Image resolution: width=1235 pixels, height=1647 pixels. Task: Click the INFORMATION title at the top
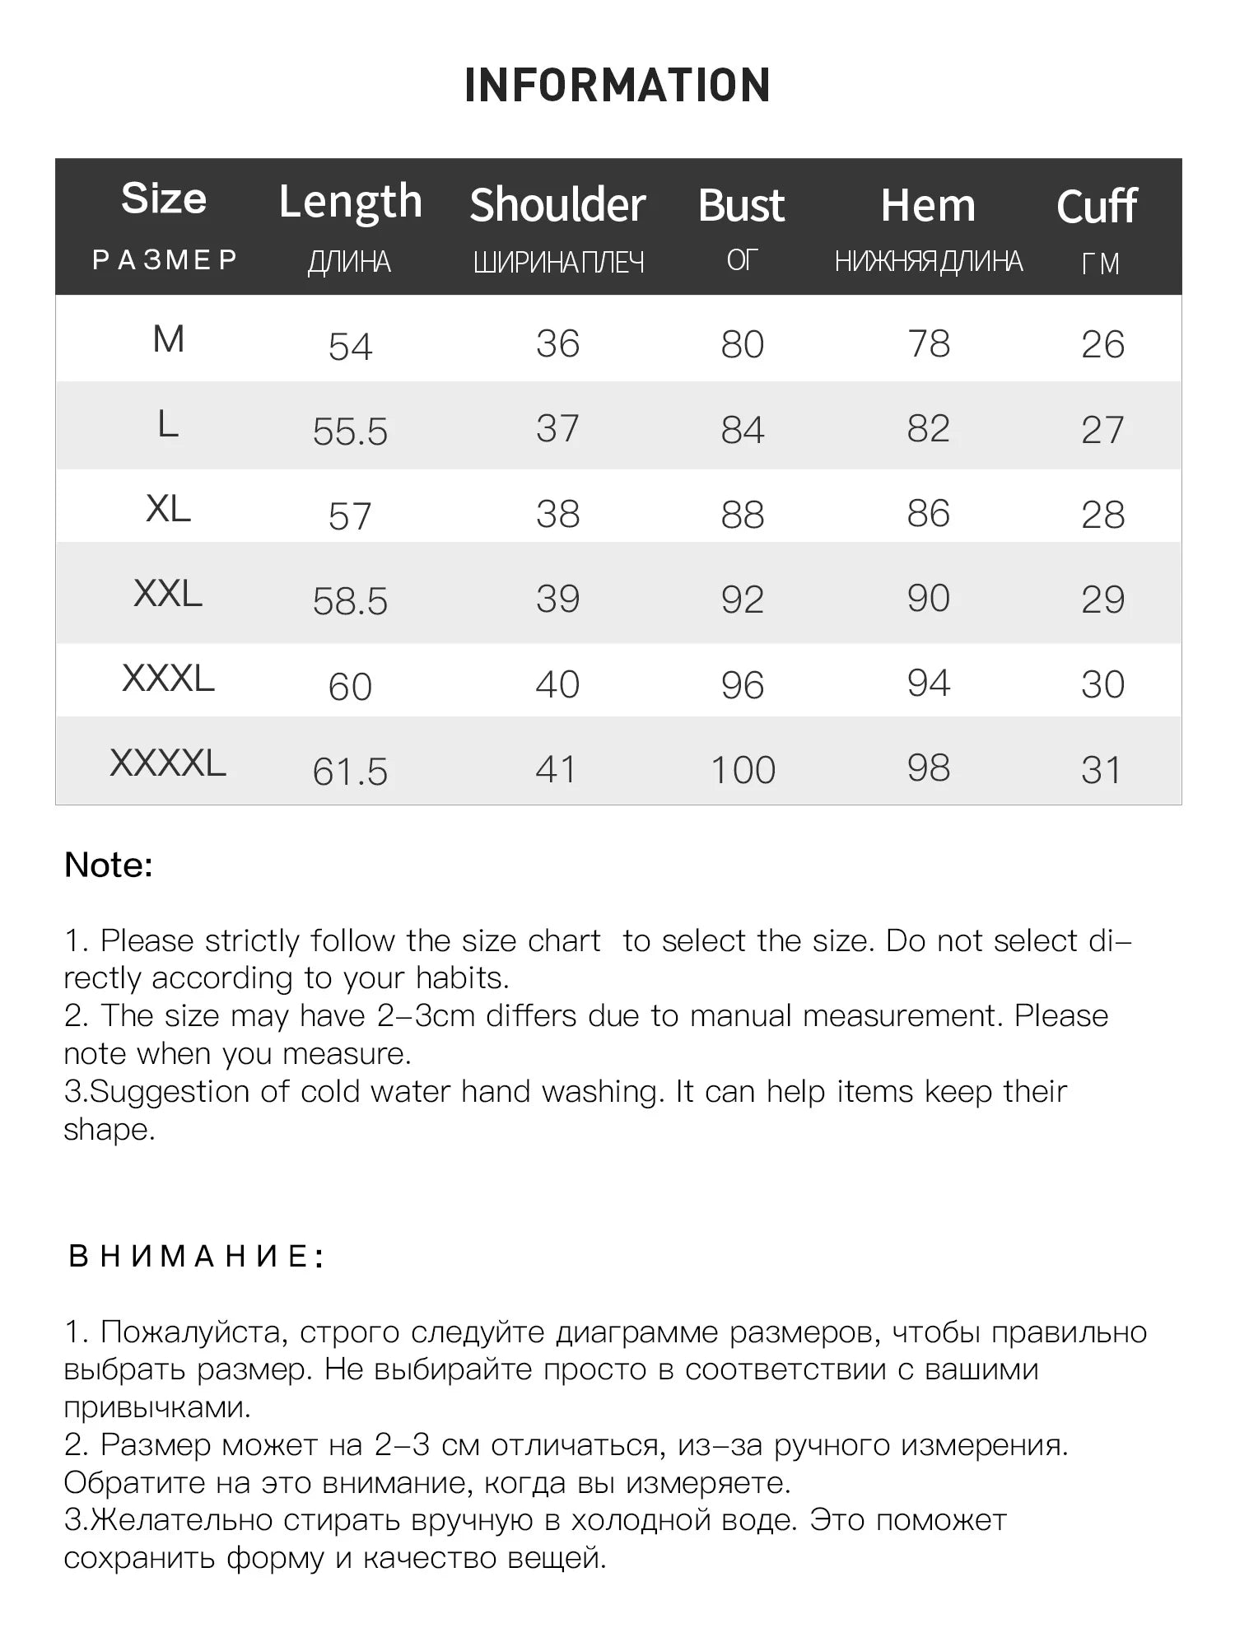pyautogui.click(x=617, y=86)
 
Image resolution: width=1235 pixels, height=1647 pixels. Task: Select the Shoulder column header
pyautogui.click(x=557, y=205)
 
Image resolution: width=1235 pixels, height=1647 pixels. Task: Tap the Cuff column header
pyautogui.click(x=1097, y=206)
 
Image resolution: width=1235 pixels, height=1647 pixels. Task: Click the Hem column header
pyautogui.click(x=928, y=205)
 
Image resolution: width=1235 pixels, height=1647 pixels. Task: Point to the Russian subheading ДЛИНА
pyautogui.click(x=350, y=262)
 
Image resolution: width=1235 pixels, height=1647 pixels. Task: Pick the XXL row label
pyautogui.click(x=168, y=594)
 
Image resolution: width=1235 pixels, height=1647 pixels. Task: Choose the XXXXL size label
pyautogui.click(x=168, y=763)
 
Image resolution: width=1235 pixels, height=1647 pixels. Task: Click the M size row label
pyautogui.click(x=169, y=339)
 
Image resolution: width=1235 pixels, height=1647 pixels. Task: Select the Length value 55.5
pyautogui.click(x=350, y=432)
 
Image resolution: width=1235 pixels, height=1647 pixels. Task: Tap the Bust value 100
pyautogui.click(x=743, y=771)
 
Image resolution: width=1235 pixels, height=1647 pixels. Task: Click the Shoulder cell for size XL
pyautogui.click(x=557, y=515)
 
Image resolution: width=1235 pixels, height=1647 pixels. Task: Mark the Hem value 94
pyautogui.click(x=928, y=684)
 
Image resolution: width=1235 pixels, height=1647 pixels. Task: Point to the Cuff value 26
pyautogui.click(x=1102, y=345)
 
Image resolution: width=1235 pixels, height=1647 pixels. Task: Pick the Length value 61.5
pyautogui.click(x=350, y=772)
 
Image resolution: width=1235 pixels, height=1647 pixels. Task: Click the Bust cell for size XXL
pyautogui.click(x=743, y=600)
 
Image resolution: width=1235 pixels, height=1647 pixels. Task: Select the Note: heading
pyautogui.click(x=109, y=865)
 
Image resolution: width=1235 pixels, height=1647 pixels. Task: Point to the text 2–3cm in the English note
pyautogui.click(x=426, y=1016)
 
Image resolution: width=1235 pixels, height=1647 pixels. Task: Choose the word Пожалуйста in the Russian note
pyautogui.click(x=194, y=1332)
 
